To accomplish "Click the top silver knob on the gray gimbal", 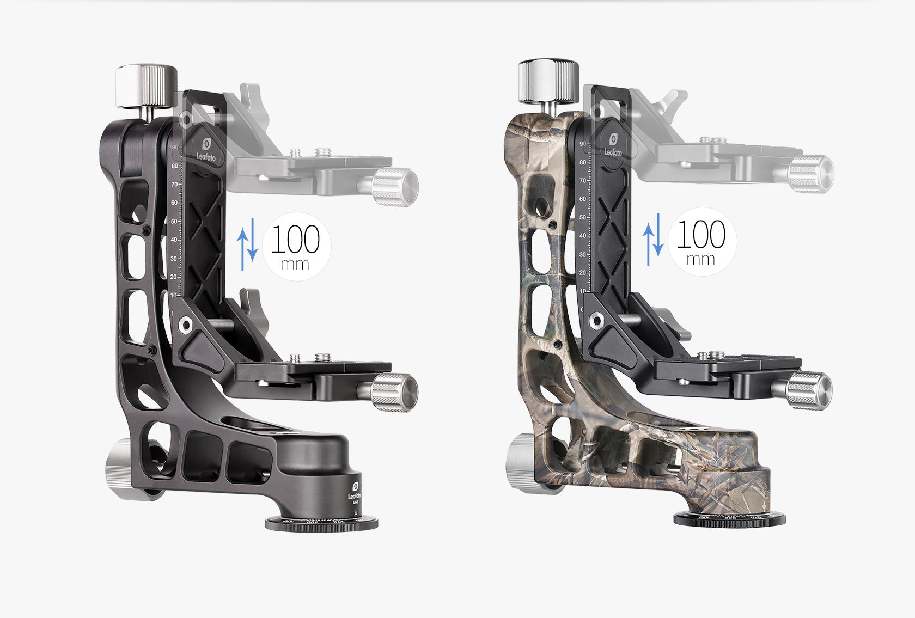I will pos(146,85).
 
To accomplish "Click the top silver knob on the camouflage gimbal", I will pos(548,81).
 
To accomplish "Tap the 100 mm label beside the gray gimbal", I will pos(296,246).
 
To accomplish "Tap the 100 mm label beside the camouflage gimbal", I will pos(701,241).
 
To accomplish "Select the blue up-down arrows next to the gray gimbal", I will pos(247,243).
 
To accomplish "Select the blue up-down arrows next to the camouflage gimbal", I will pos(652,240).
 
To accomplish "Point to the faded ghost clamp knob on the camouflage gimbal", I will pos(810,174).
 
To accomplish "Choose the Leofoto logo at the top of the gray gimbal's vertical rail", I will pos(206,150).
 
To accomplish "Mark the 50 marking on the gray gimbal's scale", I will pos(174,222).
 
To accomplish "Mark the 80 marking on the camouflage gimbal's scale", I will pos(583,162).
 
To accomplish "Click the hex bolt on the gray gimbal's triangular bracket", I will pos(186,326).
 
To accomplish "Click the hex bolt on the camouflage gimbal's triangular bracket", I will pos(595,321).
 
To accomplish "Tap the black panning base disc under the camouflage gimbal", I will pos(730,519).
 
